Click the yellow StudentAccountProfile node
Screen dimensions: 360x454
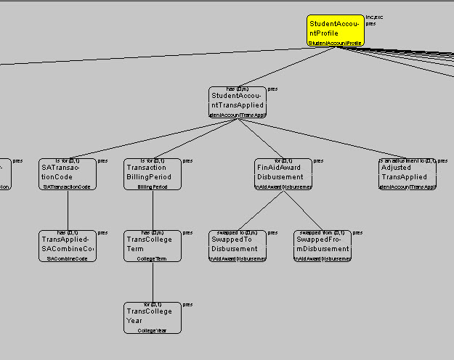pyautogui.click(x=334, y=31)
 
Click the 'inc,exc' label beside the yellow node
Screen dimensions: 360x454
pyautogui.click(x=374, y=17)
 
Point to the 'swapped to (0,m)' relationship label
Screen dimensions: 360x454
pyautogui.click(x=237, y=232)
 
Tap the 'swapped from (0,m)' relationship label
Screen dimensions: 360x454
pyautogui.click(x=323, y=232)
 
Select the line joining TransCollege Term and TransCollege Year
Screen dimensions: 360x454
pyautogui.click(x=152, y=283)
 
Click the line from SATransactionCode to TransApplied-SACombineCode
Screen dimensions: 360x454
pyautogui.click(x=68, y=211)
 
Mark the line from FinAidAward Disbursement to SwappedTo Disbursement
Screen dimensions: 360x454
pyautogui.click(x=261, y=211)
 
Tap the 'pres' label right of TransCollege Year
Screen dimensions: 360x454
pyautogui.click(x=187, y=306)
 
